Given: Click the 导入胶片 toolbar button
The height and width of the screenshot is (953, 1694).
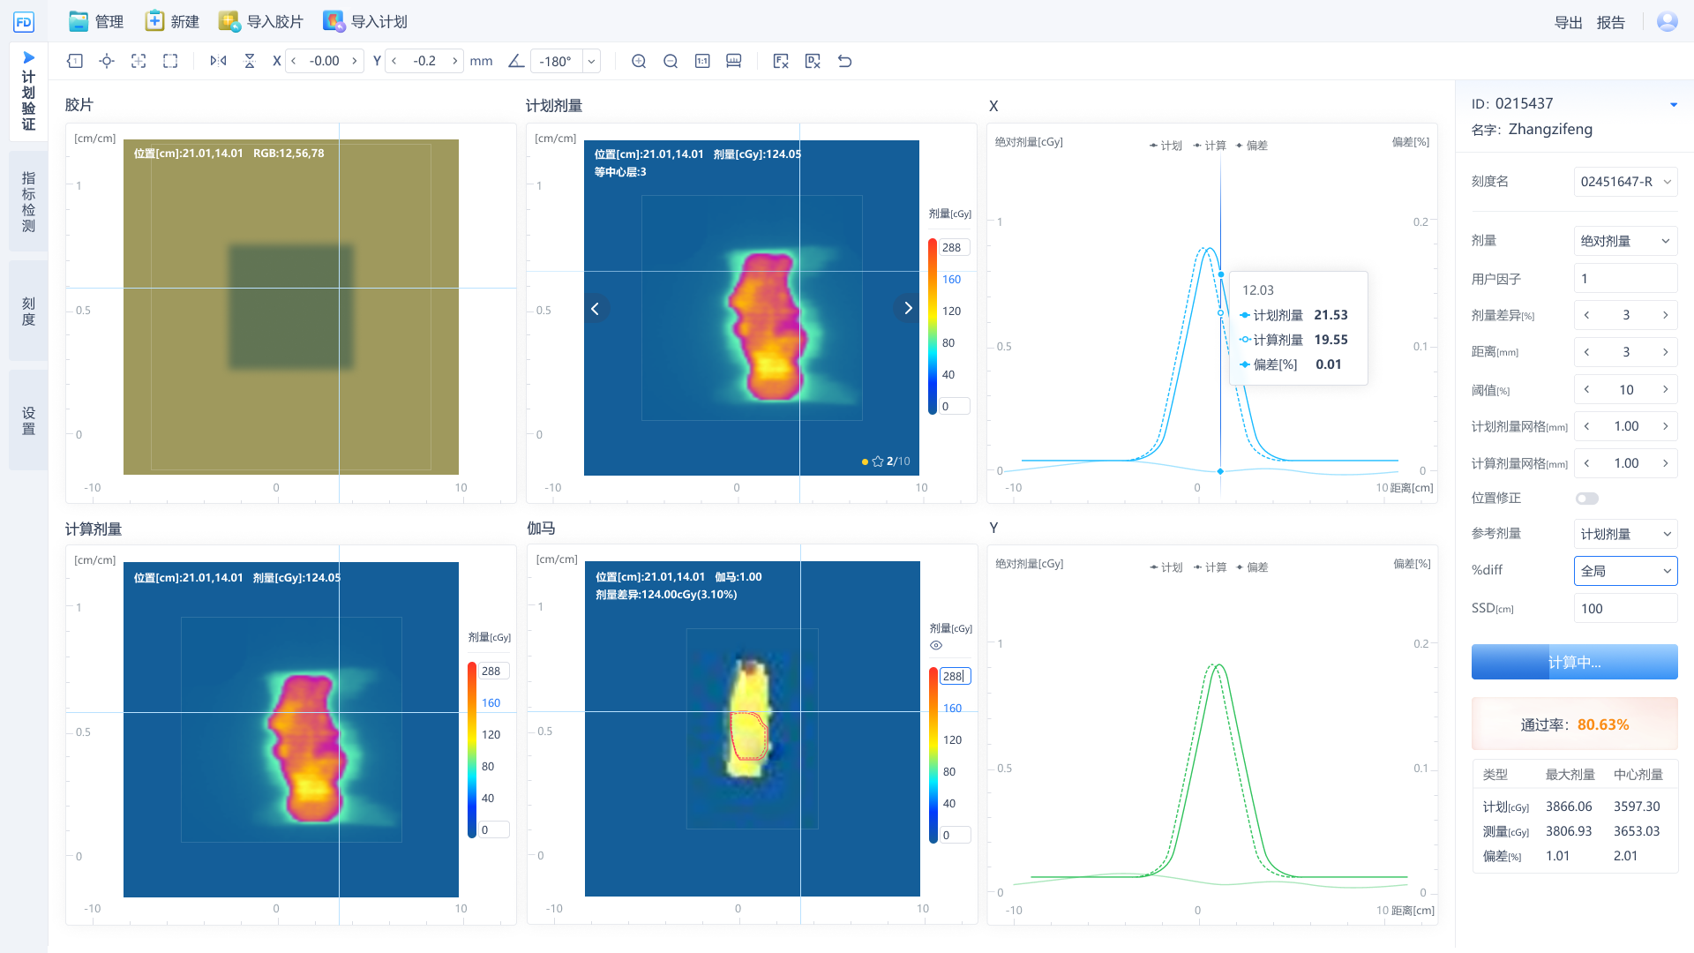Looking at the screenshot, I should [261, 21].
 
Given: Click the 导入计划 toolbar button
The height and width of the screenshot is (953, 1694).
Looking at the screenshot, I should [365, 21].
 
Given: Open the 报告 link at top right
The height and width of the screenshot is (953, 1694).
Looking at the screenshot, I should [1610, 23].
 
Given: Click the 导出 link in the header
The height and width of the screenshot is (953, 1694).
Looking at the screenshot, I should [1568, 23].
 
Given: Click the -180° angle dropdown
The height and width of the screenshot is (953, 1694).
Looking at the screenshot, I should [591, 61].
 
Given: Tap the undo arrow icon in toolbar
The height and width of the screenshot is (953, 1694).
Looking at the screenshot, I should [844, 61].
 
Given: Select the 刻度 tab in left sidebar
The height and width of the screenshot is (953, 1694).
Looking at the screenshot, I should [28, 311].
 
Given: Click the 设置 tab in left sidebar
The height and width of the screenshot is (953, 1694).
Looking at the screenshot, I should [28, 420].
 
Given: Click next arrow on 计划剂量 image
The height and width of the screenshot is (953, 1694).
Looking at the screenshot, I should [907, 308].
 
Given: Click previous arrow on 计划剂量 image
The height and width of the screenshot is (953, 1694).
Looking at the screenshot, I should [596, 308].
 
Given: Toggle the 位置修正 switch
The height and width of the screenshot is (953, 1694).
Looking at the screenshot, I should [1586, 499].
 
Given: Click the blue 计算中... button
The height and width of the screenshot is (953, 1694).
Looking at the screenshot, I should [1574, 662].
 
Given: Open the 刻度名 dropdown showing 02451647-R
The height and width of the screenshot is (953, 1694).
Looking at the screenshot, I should [1625, 182].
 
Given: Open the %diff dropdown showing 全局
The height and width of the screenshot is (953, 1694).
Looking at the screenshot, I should [1625, 571].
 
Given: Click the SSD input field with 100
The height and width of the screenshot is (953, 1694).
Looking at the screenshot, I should [1625, 609].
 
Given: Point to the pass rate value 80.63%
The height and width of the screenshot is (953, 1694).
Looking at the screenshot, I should [1602, 724].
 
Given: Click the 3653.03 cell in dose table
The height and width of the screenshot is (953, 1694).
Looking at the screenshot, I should [1637, 831].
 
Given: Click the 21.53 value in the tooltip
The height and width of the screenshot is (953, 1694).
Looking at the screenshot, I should [1330, 315].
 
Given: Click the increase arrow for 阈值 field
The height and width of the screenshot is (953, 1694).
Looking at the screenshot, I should [1665, 389].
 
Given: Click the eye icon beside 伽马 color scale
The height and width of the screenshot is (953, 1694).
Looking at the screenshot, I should [936, 645].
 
